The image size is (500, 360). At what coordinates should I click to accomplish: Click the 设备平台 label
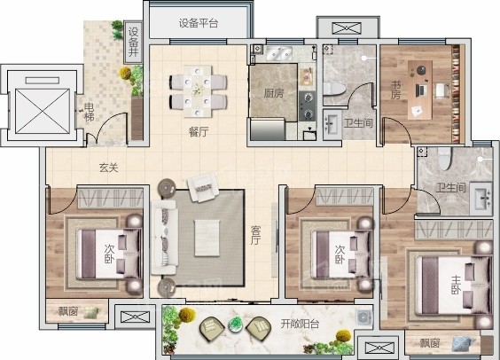(x=198, y=23)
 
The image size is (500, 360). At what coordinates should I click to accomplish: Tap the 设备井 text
(x=134, y=43)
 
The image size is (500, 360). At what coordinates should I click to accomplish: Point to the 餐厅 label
(x=198, y=131)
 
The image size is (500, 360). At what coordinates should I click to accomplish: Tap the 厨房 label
(x=273, y=93)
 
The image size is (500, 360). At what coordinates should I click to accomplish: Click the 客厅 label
(x=255, y=234)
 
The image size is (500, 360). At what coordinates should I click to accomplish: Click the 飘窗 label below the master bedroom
(x=430, y=343)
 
